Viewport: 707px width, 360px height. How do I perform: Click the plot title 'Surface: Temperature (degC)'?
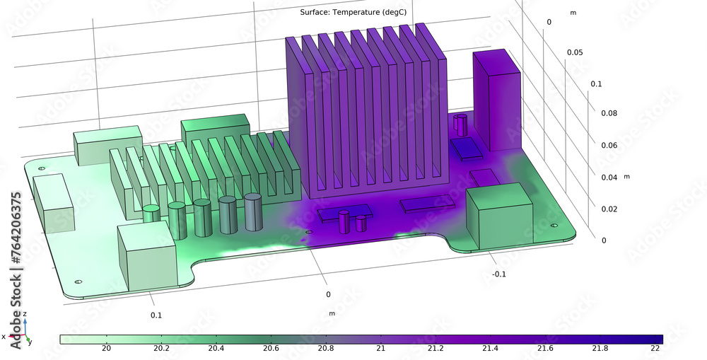(x=353, y=12)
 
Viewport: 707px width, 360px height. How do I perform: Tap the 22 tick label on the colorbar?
(x=655, y=348)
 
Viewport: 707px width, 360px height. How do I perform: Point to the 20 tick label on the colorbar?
(x=106, y=348)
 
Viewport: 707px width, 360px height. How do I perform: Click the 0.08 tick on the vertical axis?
(x=609, y=113)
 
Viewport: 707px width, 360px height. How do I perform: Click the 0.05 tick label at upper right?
(x=575, y=53)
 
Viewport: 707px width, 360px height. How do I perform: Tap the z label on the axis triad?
(x=25, y=313)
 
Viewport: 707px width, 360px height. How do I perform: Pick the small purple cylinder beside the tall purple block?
(x=460, y=124)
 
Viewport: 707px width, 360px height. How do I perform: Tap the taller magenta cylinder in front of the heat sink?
(x=344, y=221)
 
